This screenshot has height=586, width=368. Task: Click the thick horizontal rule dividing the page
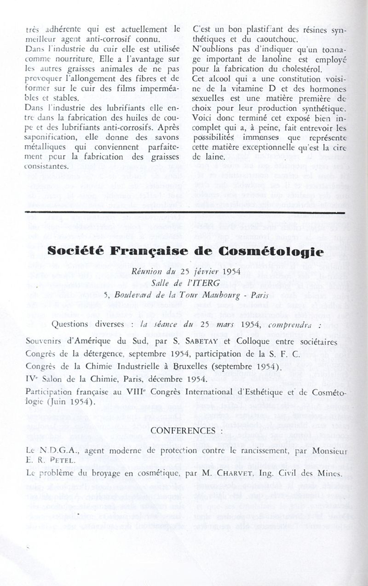point(184,213)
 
